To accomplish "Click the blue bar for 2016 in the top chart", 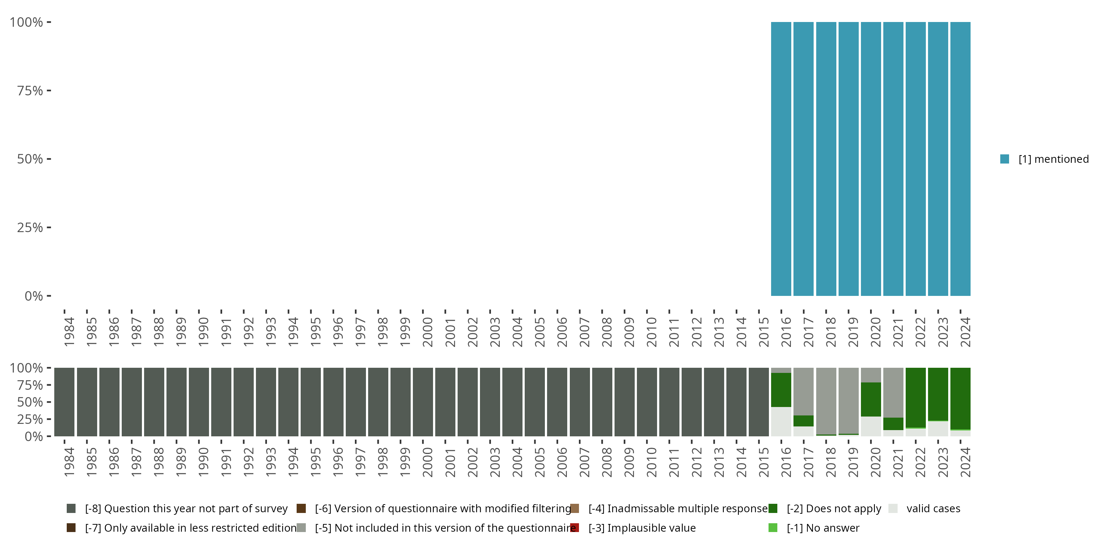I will coord(781,159).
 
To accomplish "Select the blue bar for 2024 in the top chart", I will coord(960,159).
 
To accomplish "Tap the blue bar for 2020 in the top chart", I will coord(871,159).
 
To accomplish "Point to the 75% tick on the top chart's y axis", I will coord(30,91).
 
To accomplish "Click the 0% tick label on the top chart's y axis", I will coord(34,296).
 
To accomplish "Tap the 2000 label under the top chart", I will coord(428,332).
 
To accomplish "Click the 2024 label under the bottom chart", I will coord(965,462).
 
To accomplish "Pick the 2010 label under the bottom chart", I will coord(652,462).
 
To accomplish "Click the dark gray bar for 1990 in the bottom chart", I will coord(199,402).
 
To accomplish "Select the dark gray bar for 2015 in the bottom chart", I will coord(759,402).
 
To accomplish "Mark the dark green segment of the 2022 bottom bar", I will coord(916,397).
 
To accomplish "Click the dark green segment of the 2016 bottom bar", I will coord(781,389).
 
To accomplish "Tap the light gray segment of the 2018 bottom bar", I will coord(826,400).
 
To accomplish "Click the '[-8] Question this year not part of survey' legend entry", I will coord(186,509).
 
